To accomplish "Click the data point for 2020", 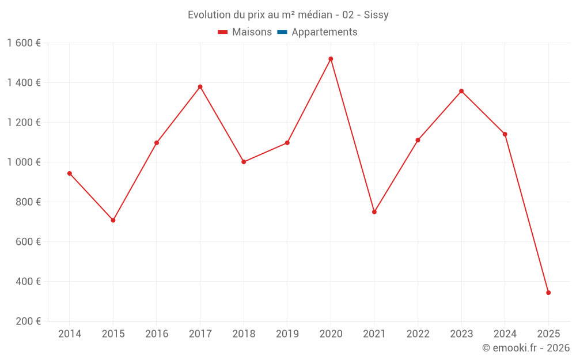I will (x=331, y=59).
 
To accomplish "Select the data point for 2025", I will (x=548, y=293).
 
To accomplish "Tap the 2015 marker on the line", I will (x=113, y=220).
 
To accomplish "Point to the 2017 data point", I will (x=200, y=87).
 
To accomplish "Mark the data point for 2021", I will (x=374, y=212).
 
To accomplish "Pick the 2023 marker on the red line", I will (x=461, y=91).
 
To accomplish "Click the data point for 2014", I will (x=70, y=173).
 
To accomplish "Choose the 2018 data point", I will (x=244, y=162).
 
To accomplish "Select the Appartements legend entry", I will (x=324, y=32).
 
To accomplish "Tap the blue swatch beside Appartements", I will (x=282, y=32).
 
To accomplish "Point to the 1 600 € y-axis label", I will (x=24, y=43).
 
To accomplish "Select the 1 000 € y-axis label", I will (x=24, y=162).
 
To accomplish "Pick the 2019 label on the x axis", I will (x=287, y=334).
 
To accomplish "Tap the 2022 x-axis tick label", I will (x=418, y=334).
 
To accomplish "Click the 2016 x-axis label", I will (x=157, y=334).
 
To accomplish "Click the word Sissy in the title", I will (x=376, y=15).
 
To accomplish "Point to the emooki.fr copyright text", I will (x=526, y=348).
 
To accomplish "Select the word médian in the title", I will (x=308, y=15).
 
